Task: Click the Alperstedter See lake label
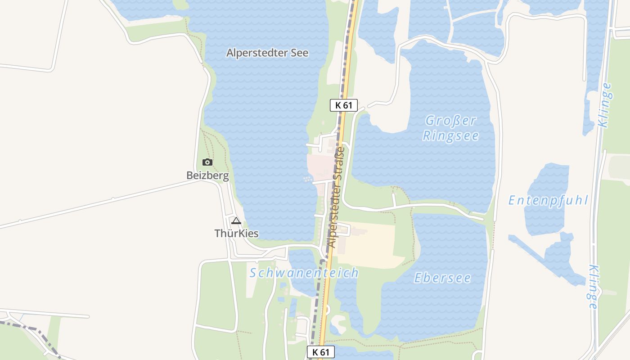coord(267,53)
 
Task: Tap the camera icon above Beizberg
coord(207,162)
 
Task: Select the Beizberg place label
coord(207,175)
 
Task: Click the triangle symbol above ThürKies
coord(236,220)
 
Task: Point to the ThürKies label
coord(236,233)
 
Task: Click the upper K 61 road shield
coord(343,105)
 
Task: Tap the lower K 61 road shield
coord(321,352)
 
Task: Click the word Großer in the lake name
coord(450,121)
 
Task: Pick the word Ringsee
coord(450,136)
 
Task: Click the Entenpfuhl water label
coord(548,200)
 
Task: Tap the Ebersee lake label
coord(442,278)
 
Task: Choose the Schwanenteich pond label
coord(304,273)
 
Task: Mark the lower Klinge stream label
coord(594,287)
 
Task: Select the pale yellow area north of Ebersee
coord(373,245)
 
